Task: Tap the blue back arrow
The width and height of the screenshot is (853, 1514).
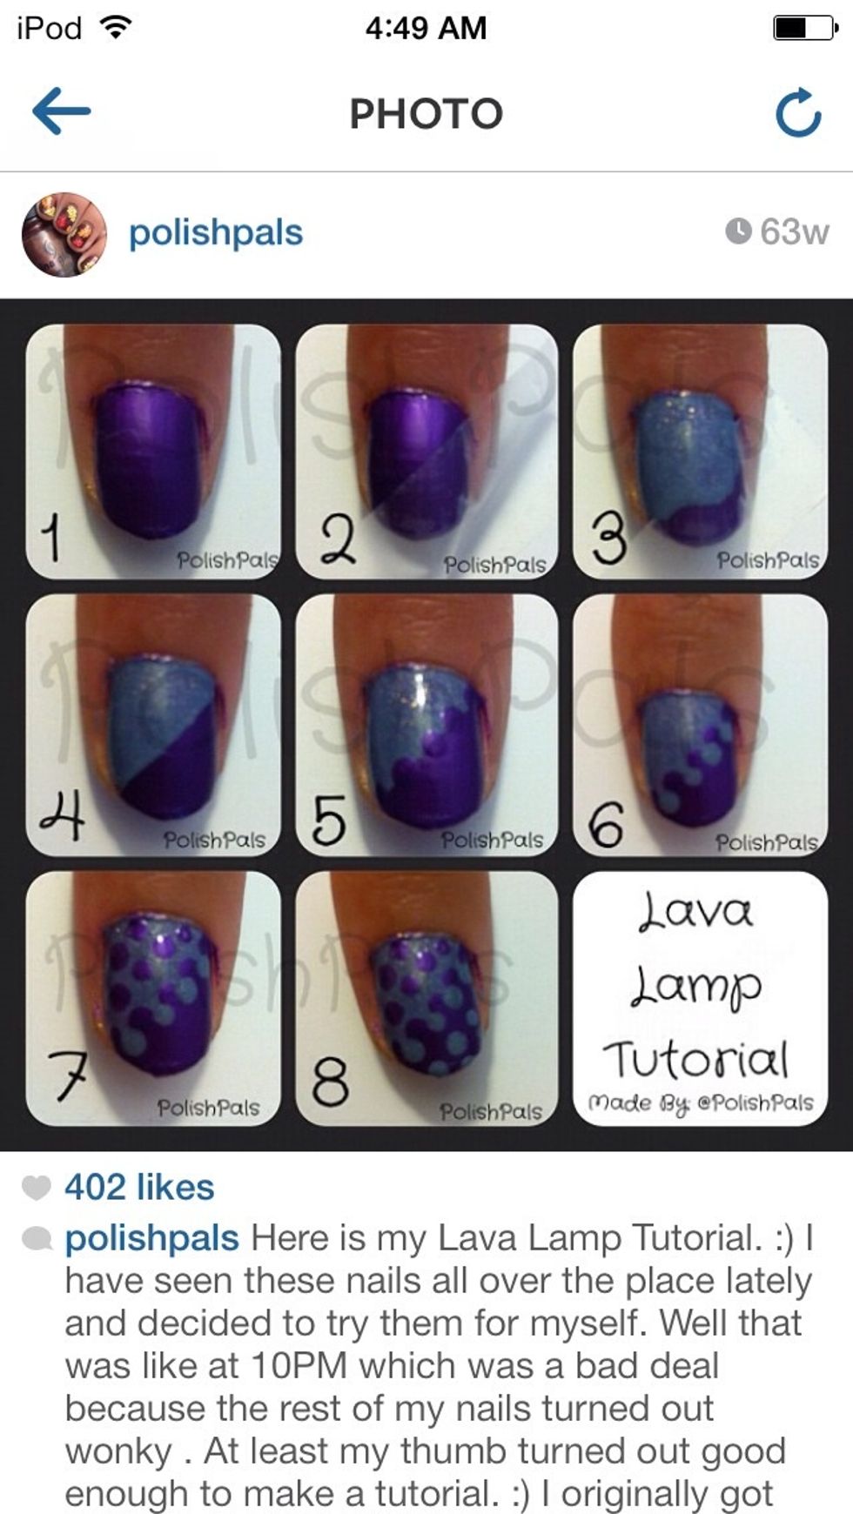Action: click(61, 111)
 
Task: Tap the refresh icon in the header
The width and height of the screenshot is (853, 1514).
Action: click(798, 113)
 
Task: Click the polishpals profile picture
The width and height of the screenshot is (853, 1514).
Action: click(64, 235)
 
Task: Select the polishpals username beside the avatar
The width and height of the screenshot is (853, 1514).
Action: click(215, 233)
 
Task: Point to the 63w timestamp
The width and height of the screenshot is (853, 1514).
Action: click(777, 231)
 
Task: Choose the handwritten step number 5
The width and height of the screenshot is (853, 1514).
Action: click(328, 820)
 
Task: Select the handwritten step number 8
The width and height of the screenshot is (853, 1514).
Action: click(330, 1082)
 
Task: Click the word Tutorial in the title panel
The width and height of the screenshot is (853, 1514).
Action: click(695, 1059)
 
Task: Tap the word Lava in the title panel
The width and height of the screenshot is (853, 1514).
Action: click(695, 911)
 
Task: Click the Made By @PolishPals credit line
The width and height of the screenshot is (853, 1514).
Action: click(701, 1103)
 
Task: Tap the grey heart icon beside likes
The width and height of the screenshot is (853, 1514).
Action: click(36, 1187)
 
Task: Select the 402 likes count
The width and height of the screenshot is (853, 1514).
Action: click(139, 1187)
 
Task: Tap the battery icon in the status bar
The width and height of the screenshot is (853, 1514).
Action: click(805, 28)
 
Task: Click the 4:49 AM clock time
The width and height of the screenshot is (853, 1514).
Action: click(426, 28)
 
